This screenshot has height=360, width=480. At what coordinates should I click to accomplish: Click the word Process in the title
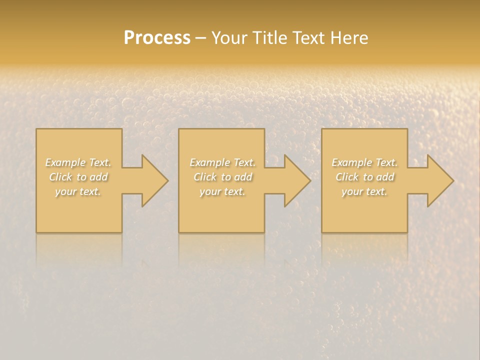tap(157, 38)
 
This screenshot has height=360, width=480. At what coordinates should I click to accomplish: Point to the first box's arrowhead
tap(153, 180)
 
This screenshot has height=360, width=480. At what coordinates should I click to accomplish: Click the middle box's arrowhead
tap(295, 180)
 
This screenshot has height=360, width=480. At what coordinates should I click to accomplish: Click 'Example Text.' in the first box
tap(78, 162)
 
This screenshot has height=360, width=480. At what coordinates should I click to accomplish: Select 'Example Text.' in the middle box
tap(222, 162)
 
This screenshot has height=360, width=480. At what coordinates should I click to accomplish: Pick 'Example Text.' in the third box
tap(364, 162)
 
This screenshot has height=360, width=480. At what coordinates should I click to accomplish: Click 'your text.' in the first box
tap(78, 191)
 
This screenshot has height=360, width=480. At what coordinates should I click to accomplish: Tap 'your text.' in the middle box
tap(222, 191)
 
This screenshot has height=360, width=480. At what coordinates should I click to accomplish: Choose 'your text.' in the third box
tap(364, 191)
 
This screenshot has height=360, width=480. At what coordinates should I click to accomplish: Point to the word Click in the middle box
tap(205, 177)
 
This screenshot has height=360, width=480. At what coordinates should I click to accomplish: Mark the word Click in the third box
tap(347, 177)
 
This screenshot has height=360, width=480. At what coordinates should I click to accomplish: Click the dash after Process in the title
tap(200, 38)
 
